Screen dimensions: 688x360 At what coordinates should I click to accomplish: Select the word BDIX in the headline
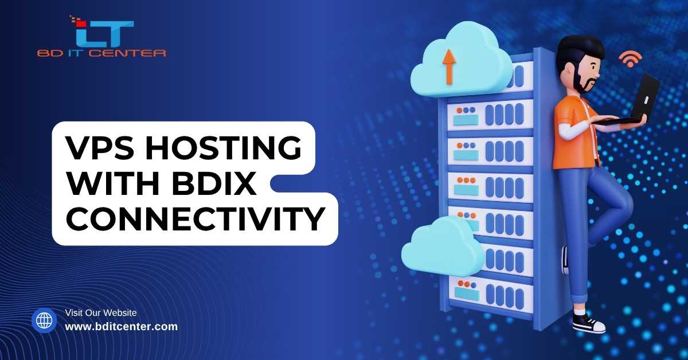(x=214, y=183)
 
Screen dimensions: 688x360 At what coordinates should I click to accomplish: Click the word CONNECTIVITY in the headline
(x=196, y=219)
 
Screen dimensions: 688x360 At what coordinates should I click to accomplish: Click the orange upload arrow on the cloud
(x=449, y=67)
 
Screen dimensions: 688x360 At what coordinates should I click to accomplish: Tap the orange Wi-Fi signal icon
(x=630, y=59)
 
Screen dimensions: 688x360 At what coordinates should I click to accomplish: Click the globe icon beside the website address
(x=44, y=320)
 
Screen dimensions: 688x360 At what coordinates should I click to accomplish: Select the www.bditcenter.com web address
(x=122, y=326)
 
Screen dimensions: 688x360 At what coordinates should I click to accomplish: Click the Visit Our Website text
(x=101, y=312)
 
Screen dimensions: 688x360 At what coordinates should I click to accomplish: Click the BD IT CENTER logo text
(x=101, y=53)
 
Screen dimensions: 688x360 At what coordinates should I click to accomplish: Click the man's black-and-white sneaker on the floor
(x=589, y=323)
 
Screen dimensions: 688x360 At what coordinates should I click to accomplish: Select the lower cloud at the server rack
(x=443, y=246)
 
